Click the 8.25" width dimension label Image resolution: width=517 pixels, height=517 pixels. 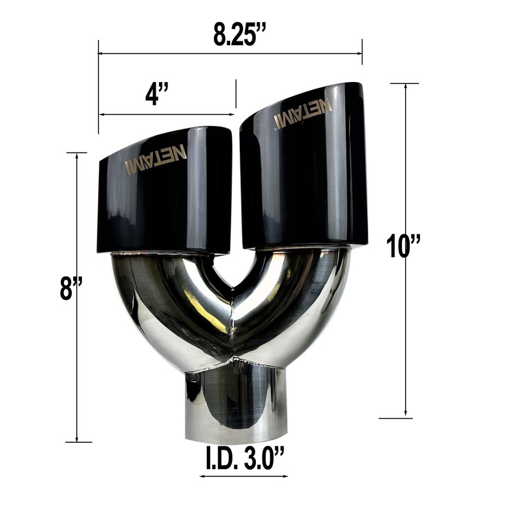tap(240, 34)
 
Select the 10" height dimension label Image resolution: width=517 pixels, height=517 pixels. tap(403, 246)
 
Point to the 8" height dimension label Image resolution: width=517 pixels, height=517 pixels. tap(70, 288)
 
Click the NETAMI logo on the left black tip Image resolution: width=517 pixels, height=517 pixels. tap(156, 159)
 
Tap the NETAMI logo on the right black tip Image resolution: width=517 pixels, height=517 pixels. tap(303, 112)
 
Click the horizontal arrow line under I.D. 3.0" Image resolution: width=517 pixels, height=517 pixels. tap(244, 477)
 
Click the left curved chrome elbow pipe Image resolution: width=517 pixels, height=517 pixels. tap(162, 310)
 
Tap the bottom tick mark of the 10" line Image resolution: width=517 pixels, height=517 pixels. tap(396, 418)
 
